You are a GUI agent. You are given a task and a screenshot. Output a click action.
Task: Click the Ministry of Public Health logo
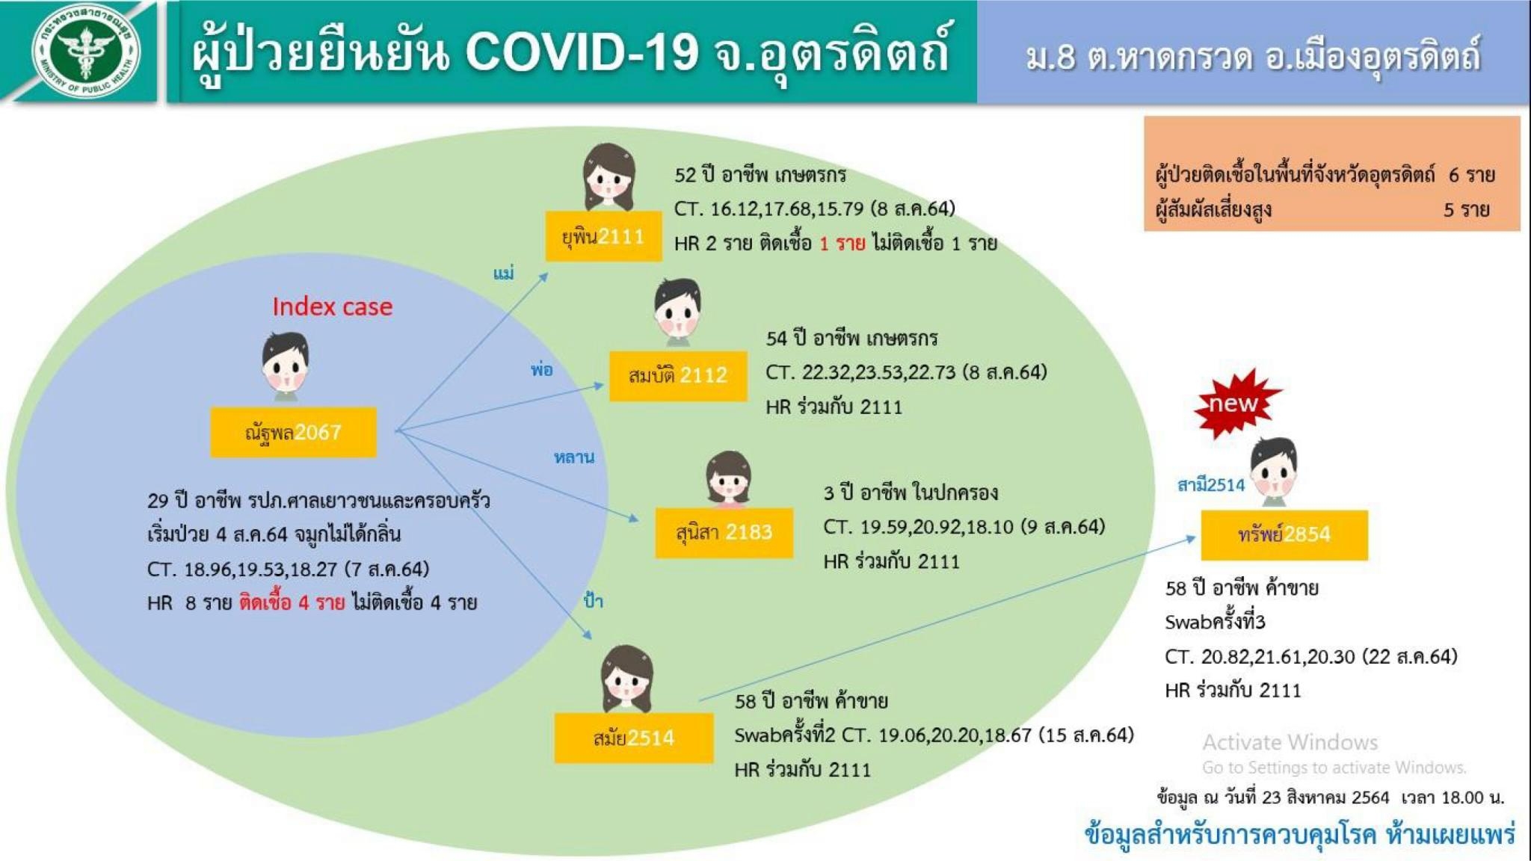(x=85, y=52)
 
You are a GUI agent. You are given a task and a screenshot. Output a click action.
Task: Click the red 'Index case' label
(x=332, y=306)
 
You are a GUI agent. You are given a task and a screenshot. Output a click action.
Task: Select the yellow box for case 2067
(x=293, y=432)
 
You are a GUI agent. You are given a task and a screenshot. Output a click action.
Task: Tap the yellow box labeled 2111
(x=603, y=236)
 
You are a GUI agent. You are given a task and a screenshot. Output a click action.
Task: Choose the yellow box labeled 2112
(x=678, y=376)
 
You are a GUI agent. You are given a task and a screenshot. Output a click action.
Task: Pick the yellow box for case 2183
(x=724, y=533)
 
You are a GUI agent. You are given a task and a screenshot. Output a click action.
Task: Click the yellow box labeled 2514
(x=633, y=738)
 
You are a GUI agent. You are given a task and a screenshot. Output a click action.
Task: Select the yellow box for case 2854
(x=1284, y=535)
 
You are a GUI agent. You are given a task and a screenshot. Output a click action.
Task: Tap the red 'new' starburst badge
(x=1235, y=404)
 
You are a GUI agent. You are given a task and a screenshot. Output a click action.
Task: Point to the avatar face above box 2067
(x=285, y=364)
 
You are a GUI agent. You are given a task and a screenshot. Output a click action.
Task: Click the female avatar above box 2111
(x=609, y=178)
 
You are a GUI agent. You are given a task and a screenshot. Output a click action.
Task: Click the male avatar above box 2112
(x=677, y=312)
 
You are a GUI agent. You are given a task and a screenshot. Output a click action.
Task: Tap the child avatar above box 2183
(x=728, y=479)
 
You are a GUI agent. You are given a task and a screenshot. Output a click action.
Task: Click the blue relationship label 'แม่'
(x=504, y=273)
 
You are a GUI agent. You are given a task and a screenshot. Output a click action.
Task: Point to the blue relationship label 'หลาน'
(x=574, y=457)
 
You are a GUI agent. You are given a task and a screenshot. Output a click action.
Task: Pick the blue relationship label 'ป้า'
(x=594, y=600)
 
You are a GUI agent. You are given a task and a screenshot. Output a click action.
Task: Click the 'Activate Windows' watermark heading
(x=1290, y=742)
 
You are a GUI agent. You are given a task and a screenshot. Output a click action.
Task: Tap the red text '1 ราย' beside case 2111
(x=842, y=244)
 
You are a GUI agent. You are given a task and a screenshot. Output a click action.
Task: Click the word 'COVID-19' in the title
(x=582, y=52)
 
